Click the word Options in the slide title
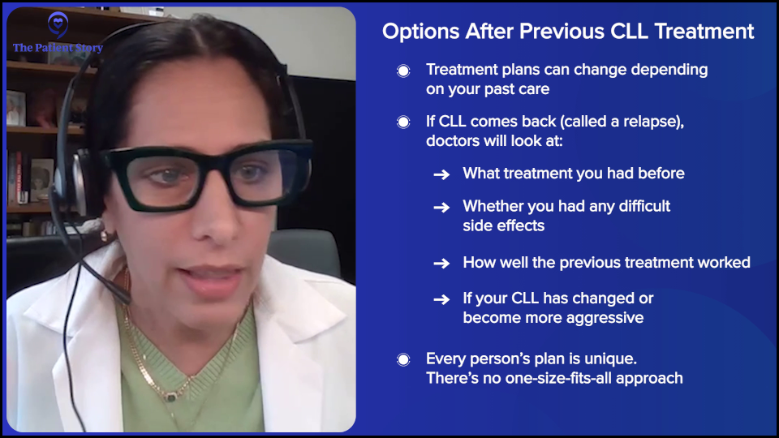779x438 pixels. click(421, 32)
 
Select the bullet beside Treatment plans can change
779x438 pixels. click(403, 71)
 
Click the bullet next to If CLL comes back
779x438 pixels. click(403, 122)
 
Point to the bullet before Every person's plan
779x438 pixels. click(403, 359)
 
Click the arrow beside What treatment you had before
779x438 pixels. click(441, 174)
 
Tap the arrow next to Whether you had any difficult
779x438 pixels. click(441, 207)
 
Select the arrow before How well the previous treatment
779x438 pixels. click(441, 263)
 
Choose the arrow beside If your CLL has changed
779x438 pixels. click(441, 299)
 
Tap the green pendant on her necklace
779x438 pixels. click(171, 397)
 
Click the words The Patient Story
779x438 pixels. click(58, 48)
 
